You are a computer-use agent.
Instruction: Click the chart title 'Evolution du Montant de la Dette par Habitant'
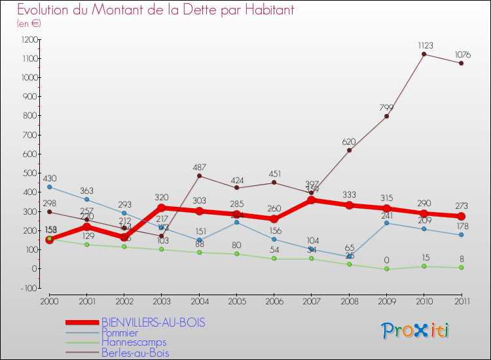pos(155,10)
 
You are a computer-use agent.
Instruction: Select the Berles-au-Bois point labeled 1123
pos(424,54)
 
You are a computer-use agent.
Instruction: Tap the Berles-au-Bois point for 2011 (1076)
pos(461,63)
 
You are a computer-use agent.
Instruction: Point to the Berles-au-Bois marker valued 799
pos(386,116)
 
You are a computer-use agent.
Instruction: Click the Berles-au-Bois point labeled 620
pos(349,150)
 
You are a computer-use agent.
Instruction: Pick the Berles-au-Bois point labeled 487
pos(199,175)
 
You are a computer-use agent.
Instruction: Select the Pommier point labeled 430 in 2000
pos(49,187)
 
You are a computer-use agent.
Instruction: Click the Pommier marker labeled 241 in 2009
pos(386,223)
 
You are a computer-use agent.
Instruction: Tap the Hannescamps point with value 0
pos(386,268)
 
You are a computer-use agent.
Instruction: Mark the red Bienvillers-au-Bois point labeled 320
pos(162,207)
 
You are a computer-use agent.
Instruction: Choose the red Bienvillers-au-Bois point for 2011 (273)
pos(461,217)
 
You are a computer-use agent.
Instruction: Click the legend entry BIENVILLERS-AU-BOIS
pos(153,322)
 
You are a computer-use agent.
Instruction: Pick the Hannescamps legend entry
pos(134,342)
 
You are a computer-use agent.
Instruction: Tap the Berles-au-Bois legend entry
pos(135,353)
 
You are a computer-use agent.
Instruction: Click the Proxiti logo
pos(416,331)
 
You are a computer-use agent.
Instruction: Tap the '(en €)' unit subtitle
pos(29,24)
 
